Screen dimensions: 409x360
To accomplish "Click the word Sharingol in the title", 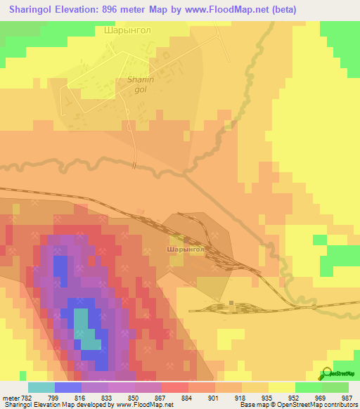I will pos(32,10).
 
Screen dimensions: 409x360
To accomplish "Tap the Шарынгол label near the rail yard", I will pos(186,249).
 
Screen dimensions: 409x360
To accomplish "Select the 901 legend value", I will pos(213,398).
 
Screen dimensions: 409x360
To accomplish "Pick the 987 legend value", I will pos(346,398).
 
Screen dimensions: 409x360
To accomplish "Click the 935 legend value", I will pos(266,398).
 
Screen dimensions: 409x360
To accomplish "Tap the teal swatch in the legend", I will pos(41,387).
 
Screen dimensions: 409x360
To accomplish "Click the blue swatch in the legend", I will pos(67,387).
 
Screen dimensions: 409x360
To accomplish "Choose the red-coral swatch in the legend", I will pos(174,387).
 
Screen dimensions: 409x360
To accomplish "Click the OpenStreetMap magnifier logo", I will pos(326,373).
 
